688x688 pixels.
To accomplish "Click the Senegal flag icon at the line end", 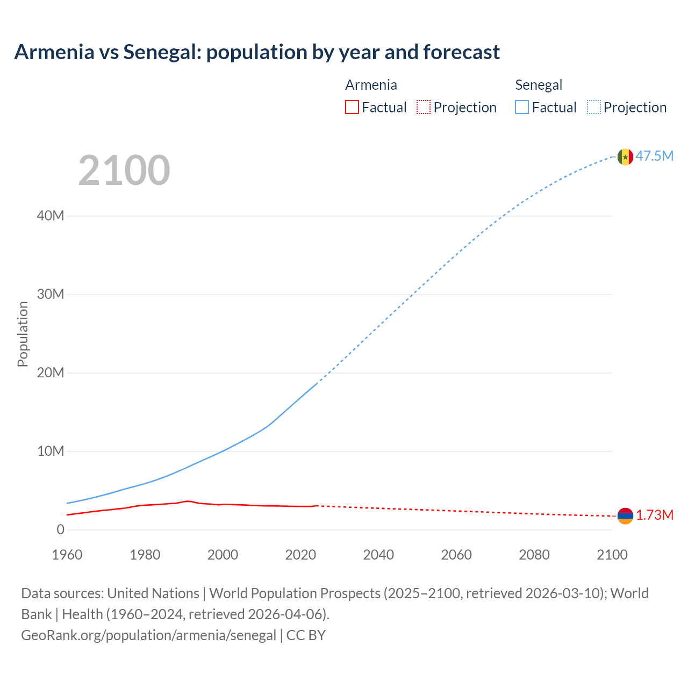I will pyautogui.click(x=625, y=157).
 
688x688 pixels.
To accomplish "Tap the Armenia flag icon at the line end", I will pyautogui.click(x=625, y=516).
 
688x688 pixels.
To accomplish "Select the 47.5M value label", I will pyautogui.click(x=655, y=156).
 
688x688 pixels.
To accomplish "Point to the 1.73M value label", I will pyautogui.click(x=655, y=515).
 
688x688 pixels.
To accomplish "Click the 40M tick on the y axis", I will pyautogui.click(x=51, y=216).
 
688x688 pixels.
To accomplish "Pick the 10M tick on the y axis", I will pyautogui.click(x=51, y=451).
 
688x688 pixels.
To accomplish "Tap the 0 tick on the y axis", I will pyautogui.click(x=60, y=530).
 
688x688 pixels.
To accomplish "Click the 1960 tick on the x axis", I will pyautogui.click(x=67, y=555).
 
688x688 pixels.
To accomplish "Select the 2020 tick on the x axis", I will pyautogui.click(x=300, y=555).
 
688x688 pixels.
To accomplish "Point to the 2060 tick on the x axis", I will pyautogui.click(x=456, y=555).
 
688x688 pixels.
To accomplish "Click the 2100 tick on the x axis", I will pyautogui.click(x=612, y=555).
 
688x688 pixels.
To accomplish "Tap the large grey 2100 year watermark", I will pyautogui.click(x=124, y=170).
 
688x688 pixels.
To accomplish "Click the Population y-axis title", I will pyautogui.click(x=23, y=334).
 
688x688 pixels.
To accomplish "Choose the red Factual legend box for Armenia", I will pyautogui.click(x=352, y=107).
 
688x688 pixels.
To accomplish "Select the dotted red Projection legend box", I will pyautogui.click(x=424, y=107).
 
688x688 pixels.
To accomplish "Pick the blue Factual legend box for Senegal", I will pyautogui.click(x=522, y=107).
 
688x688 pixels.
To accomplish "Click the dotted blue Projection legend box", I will pyautogui.click(x=594, y=107).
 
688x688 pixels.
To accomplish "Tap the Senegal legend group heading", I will pyautogui.click(x=539, y=85).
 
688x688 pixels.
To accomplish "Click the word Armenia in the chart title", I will pyautogui.click(x=54, y=52).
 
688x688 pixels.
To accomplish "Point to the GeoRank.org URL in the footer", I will pyautogui.click(x=148, y=635).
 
